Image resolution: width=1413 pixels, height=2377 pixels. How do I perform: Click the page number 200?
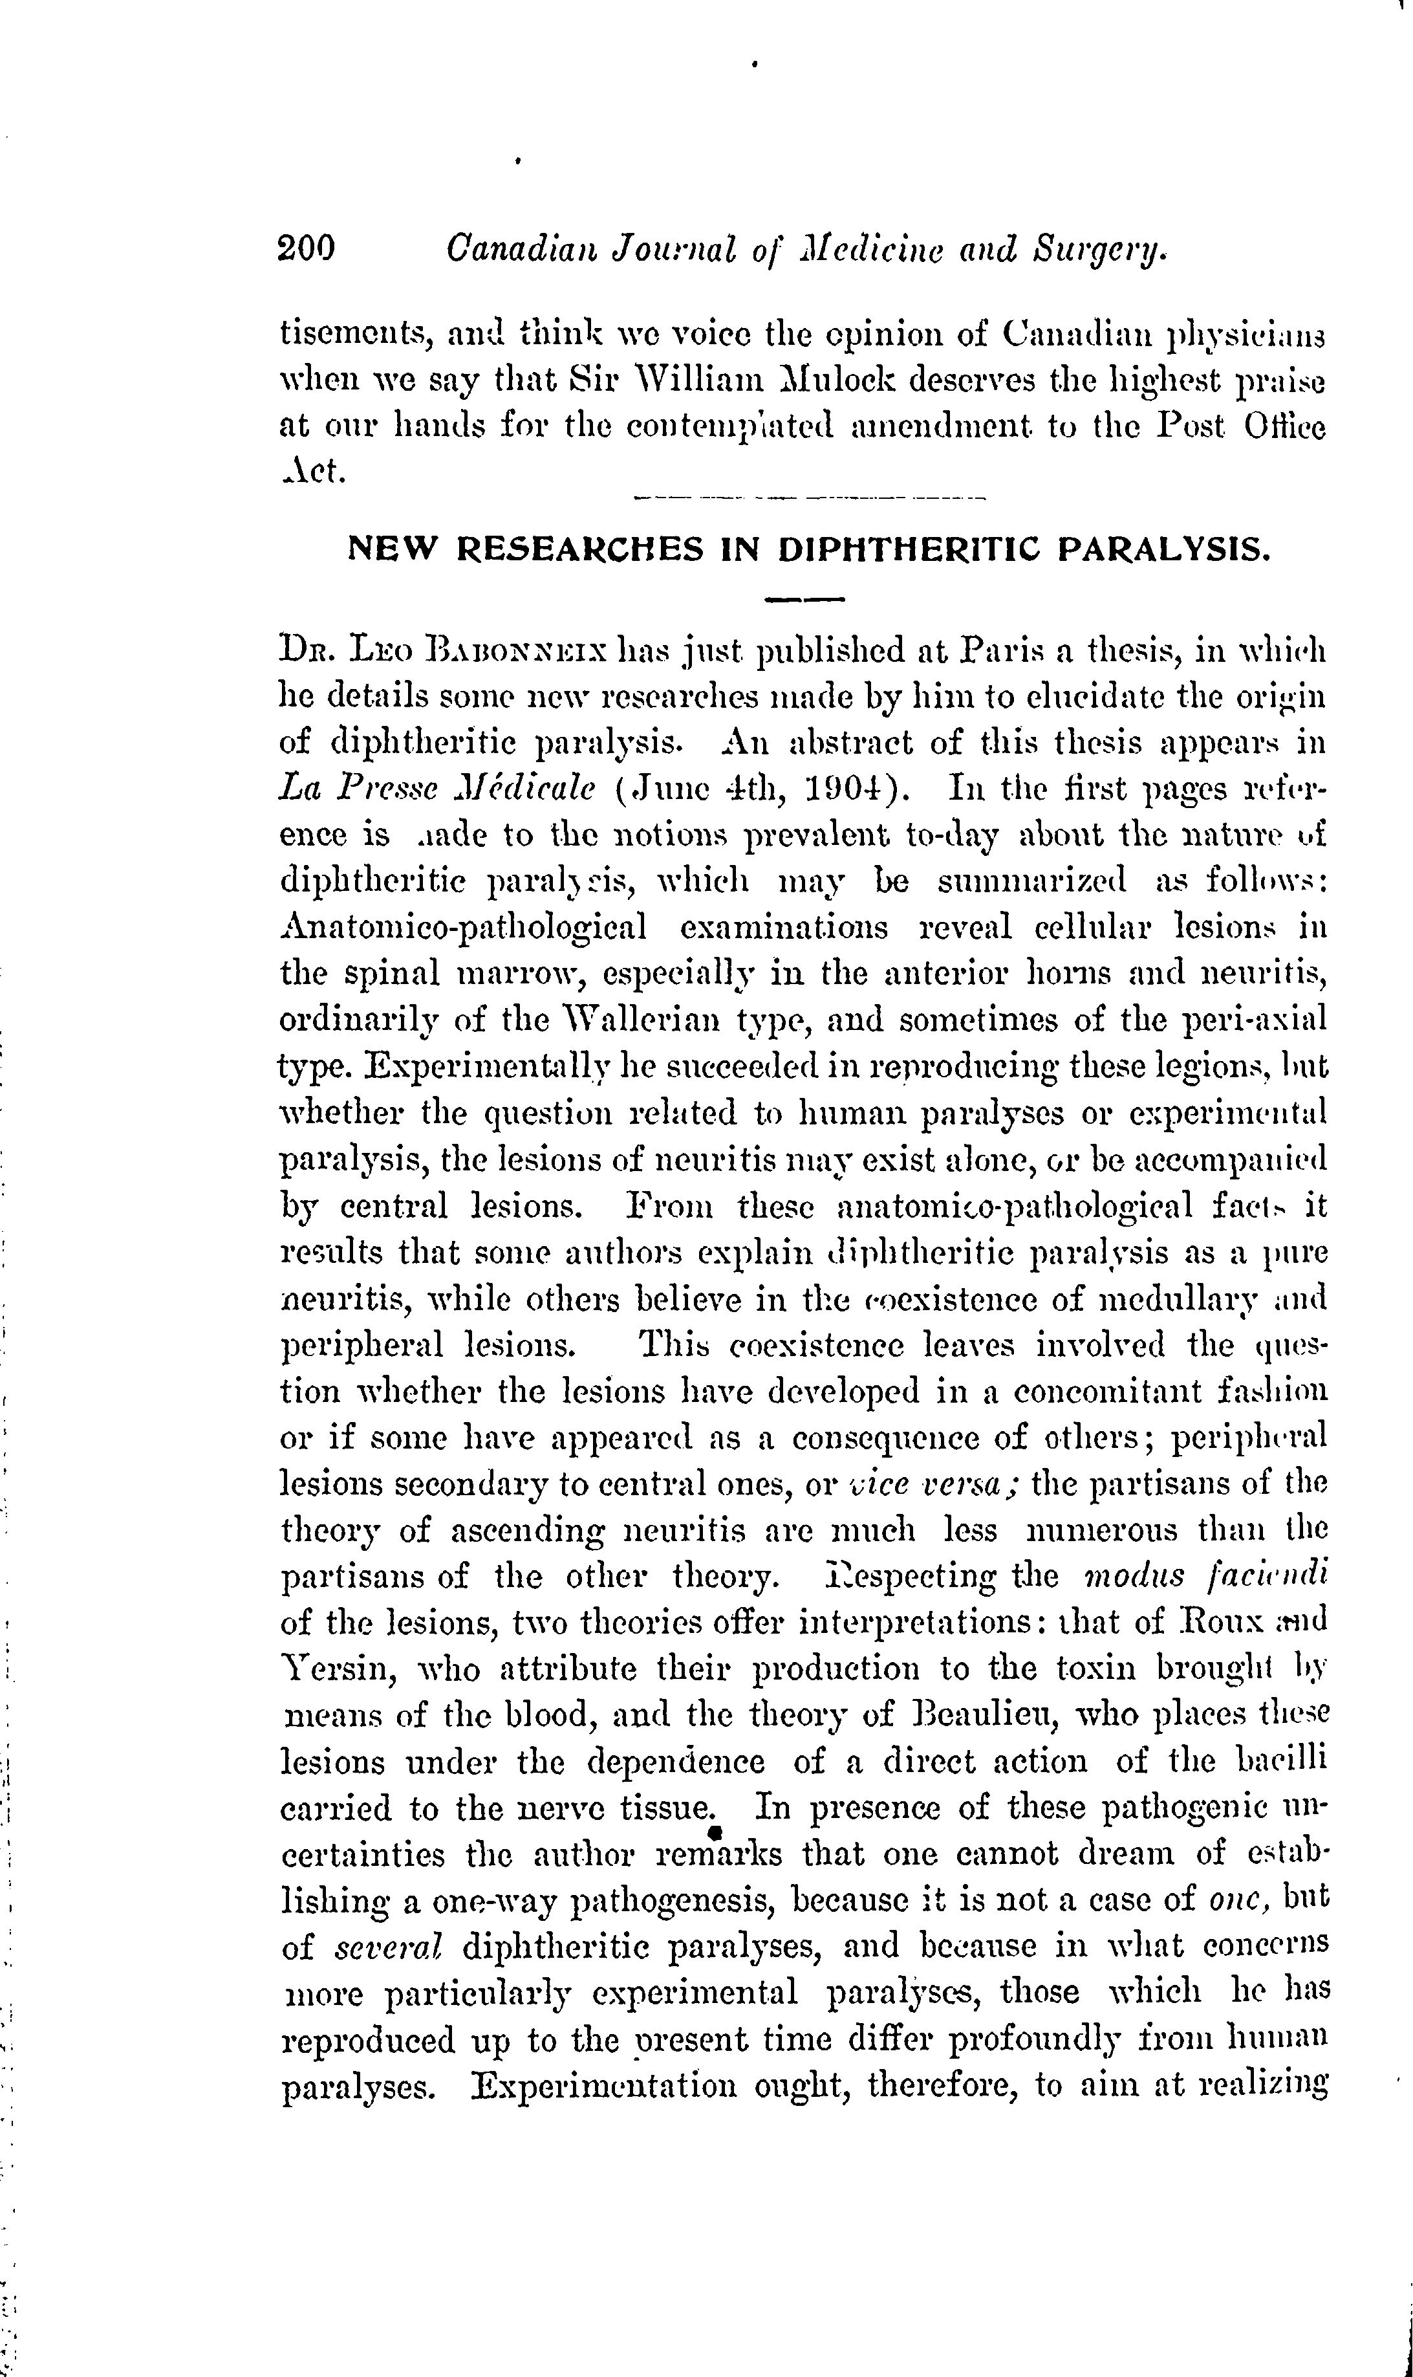pyautogui.click(x=307, y=250)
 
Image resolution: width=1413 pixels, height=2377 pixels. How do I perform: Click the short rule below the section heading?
pyautogui.click(x=804, y=600)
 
